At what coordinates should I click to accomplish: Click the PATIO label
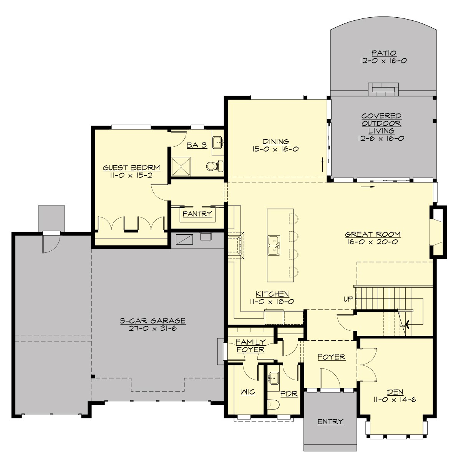coord(383,53)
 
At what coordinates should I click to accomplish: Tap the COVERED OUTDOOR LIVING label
coord(381,123)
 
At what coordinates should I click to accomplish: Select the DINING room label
coord(275,142)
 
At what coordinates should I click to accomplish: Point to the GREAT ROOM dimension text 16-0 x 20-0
coord(373,242)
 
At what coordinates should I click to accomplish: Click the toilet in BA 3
coord(212,166)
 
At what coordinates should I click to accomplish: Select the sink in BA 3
coord(217,142)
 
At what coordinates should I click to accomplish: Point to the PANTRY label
coord(197,214)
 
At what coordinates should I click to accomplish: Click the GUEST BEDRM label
coord(131,168)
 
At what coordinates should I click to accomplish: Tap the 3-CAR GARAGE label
coord(153,320)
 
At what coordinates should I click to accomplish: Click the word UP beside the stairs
coord(348,299)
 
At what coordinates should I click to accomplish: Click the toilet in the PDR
coord(272,405)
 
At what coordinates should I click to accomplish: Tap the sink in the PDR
coord(274,378)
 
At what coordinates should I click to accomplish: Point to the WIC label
coord(248,392)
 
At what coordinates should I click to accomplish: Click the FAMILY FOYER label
coord(250,345)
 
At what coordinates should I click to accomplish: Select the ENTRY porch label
coord(330,421)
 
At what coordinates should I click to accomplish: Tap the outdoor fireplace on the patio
coord(383,90)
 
